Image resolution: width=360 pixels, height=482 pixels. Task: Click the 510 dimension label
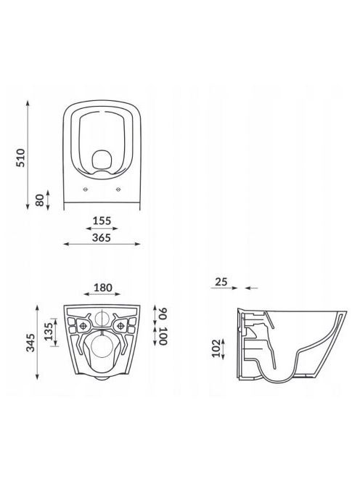(x=20, y=158)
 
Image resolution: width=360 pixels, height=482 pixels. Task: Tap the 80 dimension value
(x=40, y=200)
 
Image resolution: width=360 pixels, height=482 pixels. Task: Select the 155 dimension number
(x=102, y=221)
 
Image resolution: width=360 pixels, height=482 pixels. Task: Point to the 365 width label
(x=102, y=237)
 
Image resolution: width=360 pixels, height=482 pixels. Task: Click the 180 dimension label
(x=102, y=287)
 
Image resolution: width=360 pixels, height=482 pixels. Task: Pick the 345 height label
(x=30, y=343)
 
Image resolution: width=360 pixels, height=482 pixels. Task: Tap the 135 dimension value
(x=49, y=332)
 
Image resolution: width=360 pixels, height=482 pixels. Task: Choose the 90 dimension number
(x=163, y=314)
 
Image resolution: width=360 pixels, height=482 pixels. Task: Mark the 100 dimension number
(x=163, y=336)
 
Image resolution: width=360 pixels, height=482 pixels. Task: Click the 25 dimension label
(x=221, y=282)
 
